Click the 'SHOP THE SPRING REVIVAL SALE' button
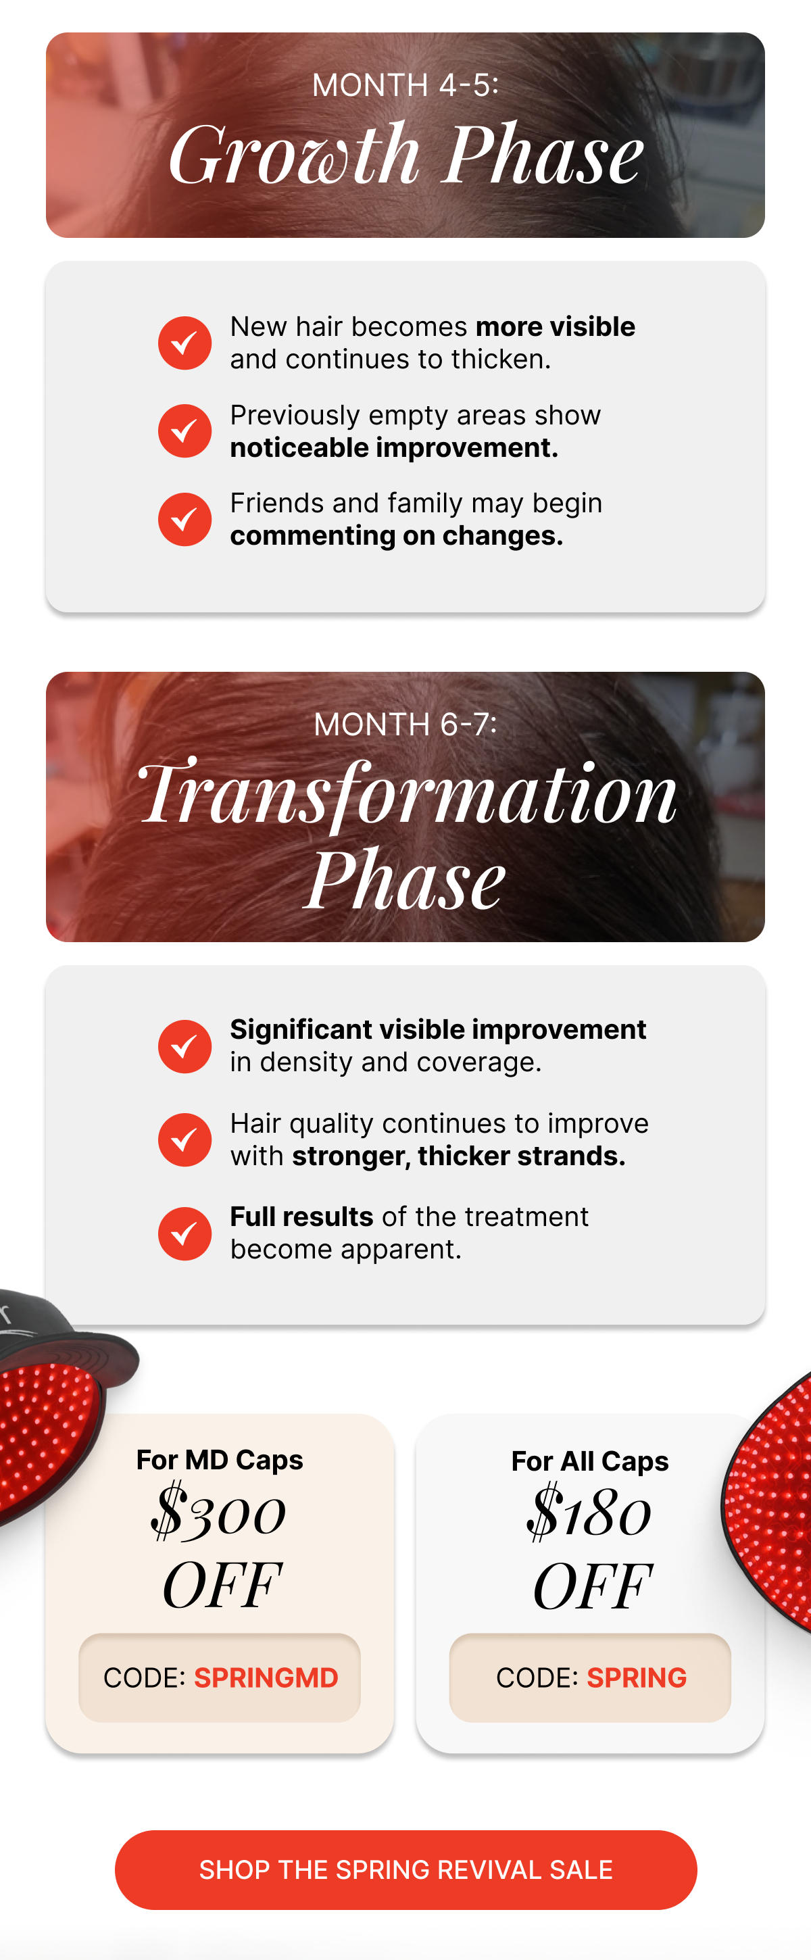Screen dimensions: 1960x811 point(405,1869)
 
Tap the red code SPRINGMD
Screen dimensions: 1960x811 point(266,1677)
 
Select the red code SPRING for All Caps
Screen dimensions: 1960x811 point(636,1677)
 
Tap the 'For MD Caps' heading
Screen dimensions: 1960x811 point(219,1460)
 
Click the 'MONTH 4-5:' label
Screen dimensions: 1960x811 point(405,85)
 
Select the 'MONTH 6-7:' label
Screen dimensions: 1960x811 point(405,725)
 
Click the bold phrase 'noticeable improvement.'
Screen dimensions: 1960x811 point(394,448)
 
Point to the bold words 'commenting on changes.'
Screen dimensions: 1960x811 point(396,537)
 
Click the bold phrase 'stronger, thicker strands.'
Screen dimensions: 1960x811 point(459,1156)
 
